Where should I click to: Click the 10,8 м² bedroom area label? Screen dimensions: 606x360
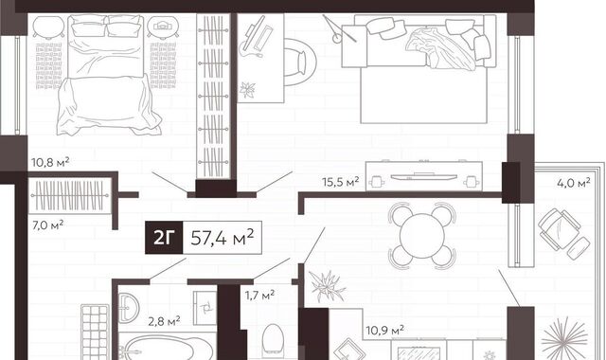pos(50,162)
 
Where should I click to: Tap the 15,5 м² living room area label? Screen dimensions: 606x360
pos(341,181)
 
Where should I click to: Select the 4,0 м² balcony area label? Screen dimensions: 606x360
pos(574,183)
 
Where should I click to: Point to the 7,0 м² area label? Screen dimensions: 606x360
pos(48,225)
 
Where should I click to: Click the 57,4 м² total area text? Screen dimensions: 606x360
pos(223,238)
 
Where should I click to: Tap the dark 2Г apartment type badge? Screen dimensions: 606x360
pos(164,238)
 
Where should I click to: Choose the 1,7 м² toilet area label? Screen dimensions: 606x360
pos(259,296)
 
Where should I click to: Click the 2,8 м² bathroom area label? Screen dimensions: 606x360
pos(164,321)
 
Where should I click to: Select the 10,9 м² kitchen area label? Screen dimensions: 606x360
pos(385,331)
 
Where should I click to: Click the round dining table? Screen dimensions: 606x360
pos(422,236)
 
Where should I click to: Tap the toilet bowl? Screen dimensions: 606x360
pos(273,340)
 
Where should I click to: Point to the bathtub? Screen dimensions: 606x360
pos(166,348)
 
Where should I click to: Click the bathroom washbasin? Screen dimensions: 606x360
pos(129,308)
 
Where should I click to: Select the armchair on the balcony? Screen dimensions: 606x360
pos(563,234)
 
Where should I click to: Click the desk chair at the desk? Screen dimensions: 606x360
pos(301,62)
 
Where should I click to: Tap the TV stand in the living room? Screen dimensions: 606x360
pos(424,176)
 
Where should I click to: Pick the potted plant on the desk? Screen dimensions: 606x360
pos(247,90)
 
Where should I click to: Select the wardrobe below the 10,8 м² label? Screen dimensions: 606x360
pos(70,196)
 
